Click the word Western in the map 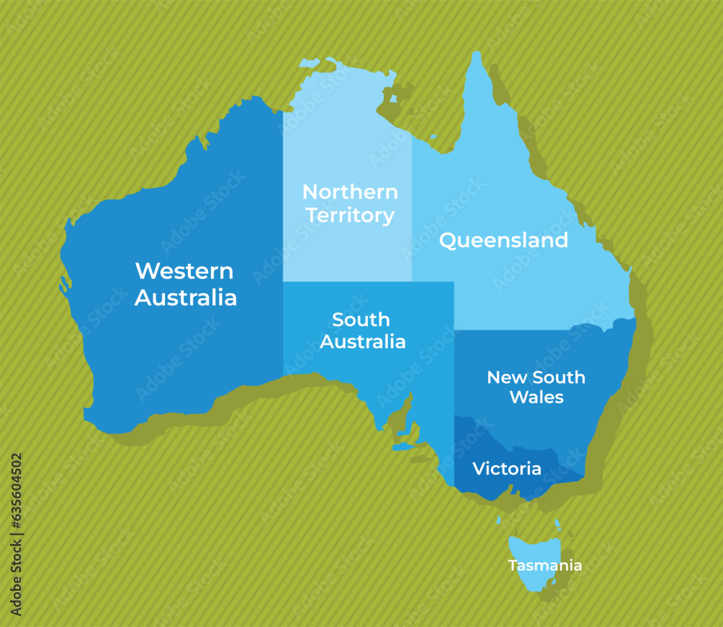tap(184, 271)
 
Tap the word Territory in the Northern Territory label tap(350, 216)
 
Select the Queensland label tap(503, 240)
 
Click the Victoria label tap(507, 469)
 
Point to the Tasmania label tap(544, 566)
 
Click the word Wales tap(536, 397)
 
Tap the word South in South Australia tap(361, 320)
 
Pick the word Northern tap(350, 192)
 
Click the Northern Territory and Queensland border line tap(412, 210)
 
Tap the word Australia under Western tap(186, 297)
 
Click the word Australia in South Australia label tap(363, 341)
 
